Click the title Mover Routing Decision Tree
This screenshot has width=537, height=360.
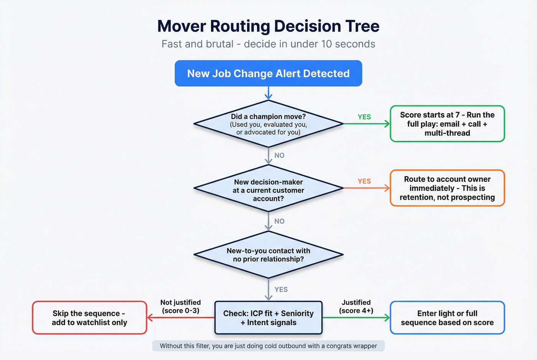tap(268, 26)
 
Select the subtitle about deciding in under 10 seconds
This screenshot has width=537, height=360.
tap(268, 44)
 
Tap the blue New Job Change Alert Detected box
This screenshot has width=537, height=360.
tap(268, 73)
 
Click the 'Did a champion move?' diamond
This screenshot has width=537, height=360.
tap(268, 124)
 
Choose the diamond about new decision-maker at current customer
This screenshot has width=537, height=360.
tap(268, 190)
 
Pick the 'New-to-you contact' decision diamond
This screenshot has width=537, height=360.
tap(268, 255)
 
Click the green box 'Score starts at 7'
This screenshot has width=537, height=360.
tap(447, 124)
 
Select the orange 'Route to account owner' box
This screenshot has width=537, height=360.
tap(447, 188)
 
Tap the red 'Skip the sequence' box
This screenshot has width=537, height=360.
tap(89, 318)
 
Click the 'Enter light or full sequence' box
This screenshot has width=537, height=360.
tap(447, 318)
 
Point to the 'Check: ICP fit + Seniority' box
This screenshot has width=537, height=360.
tap(268, 318)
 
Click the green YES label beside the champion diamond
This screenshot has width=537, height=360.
tap(364, 117)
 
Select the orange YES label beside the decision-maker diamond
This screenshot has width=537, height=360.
tap(364, 181)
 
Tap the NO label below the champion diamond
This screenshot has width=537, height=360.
tap(279, 155)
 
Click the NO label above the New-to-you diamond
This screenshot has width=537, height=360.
tap(279, 221)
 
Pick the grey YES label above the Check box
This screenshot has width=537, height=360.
tap(281, 289)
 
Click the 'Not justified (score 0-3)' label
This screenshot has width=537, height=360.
tap(180, 306)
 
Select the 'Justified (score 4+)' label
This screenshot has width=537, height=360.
tap(356, 306)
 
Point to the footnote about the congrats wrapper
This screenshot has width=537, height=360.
tap(268, 346)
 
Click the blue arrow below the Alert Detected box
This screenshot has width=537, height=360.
tap(268, 93)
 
